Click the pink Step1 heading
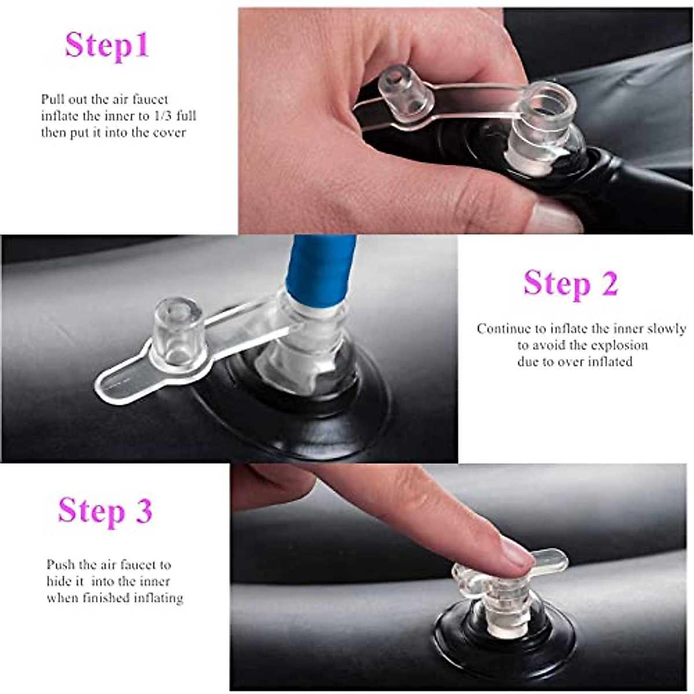tap(107, 46)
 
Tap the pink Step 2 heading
tap(571, 283)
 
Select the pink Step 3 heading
tap(105, 512)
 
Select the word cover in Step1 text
tap(169, 132)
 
